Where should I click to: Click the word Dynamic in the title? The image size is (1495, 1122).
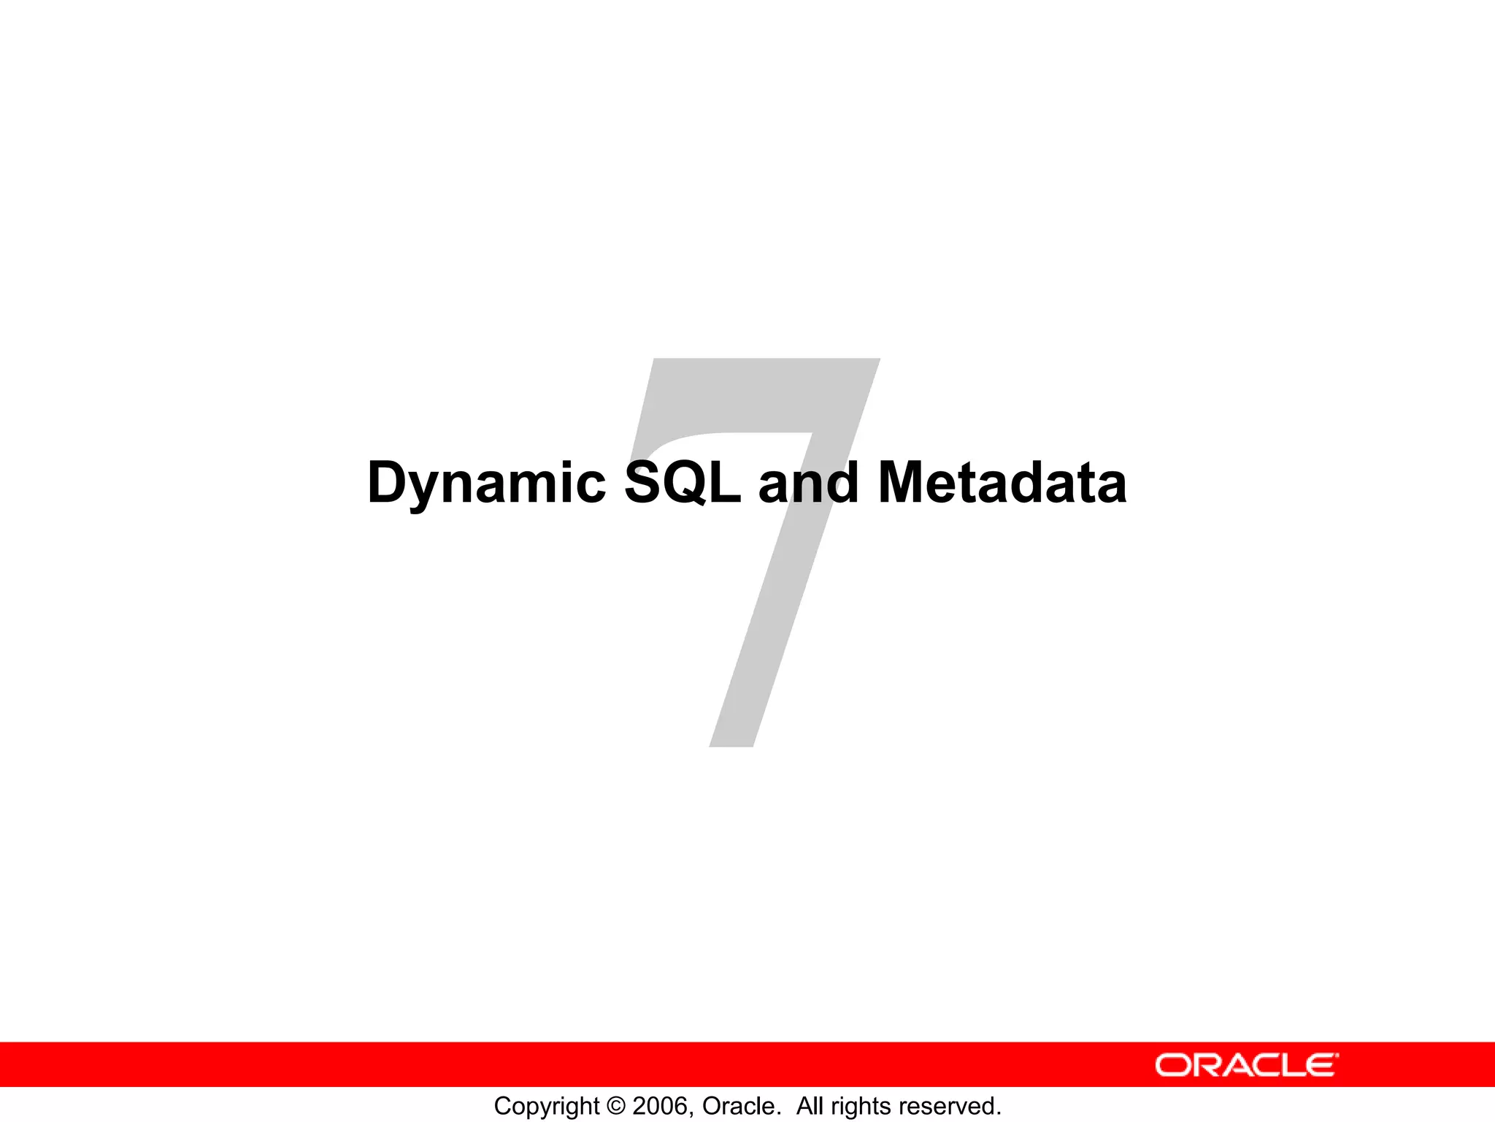[486, 483]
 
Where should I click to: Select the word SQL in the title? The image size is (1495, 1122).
[683, 483]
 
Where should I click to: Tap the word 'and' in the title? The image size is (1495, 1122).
[809, 483]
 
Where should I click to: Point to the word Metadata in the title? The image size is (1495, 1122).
[1002, 483]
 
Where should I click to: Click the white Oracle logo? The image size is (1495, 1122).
[1247, 1065]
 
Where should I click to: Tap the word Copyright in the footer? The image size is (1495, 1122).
[546, 1106]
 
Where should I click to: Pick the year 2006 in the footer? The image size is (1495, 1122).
[659, 1106]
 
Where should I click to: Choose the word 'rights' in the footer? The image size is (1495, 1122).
[859, 1106]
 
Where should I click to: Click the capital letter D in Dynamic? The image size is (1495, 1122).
[388, 483]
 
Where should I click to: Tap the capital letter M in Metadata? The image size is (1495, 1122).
[905, 483]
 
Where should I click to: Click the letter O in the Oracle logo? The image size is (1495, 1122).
[1172, 1065]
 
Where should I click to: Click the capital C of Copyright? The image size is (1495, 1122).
[503, 1106]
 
